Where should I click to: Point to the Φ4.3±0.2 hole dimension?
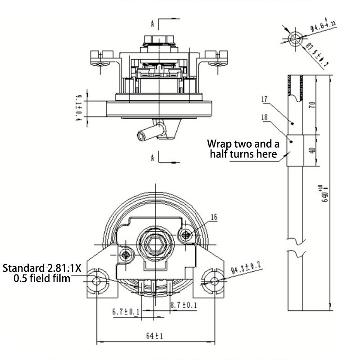point(247,270)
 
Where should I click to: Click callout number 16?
point(214,217)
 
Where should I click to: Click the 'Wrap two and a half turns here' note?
point(243,148)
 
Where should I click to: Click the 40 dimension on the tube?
point(312,150)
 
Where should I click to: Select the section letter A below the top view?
point(153,157)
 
